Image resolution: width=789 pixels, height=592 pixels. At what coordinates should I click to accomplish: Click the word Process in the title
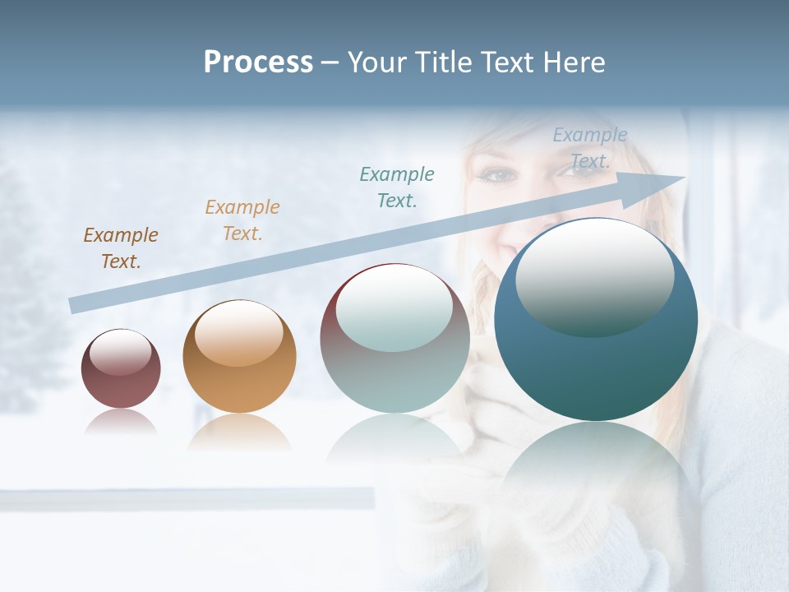(258, 62)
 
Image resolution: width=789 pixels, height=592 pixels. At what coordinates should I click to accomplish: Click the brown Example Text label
(121, 248)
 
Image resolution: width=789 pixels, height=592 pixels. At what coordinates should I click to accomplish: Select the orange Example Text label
(242, 220)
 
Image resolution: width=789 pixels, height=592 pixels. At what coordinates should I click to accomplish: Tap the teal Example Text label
(397, 187)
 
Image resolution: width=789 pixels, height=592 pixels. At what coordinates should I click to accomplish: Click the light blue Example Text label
(590, 148)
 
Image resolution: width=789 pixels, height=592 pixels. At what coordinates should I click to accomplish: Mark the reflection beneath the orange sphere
(239, 432)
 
